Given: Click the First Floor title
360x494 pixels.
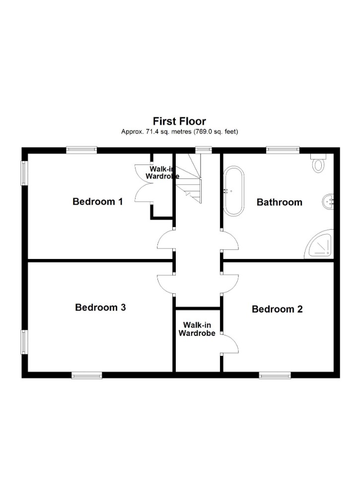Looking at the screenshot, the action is (179, 121).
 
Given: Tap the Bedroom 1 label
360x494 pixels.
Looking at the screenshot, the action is (97, 201).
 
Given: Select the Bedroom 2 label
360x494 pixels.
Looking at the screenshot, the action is (277, 309).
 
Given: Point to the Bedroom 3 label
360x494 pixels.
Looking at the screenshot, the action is (100, 307).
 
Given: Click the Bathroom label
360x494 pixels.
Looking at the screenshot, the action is (280, 202).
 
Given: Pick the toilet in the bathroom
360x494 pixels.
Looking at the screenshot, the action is (318, 163).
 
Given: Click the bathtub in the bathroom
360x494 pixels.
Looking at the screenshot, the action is (233, 191).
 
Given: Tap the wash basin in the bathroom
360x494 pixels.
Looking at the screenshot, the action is (328, 202).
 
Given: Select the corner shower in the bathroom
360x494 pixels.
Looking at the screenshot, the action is (319, 245).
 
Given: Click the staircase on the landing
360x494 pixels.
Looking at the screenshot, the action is (188, 178).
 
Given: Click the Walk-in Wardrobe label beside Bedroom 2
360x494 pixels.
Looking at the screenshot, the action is (197, 329).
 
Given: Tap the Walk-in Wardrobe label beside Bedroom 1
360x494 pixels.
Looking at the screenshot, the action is (162, 172).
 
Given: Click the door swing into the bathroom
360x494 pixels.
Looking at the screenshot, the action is (230, 240).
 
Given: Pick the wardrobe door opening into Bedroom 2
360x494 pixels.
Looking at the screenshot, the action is (230, 343).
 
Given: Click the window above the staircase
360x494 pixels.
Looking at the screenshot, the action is (203, 150).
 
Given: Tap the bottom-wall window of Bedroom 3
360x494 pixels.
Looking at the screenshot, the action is (86, 375).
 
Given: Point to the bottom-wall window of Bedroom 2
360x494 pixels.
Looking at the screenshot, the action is (275, 375).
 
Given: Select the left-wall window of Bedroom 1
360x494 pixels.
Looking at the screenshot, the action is (24, 173).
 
